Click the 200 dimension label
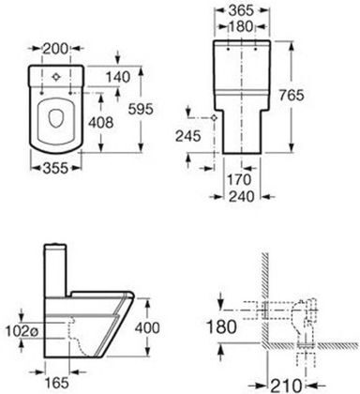[55, 49]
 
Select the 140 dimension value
[117, 77]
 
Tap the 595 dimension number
[141, 109]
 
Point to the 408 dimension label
[100, 123]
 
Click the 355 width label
[55, 168]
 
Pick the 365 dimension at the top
[241, 10]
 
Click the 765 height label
[292, 95]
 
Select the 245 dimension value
[187, 136]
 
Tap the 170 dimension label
[239, 179]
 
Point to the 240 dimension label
[242, 197]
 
